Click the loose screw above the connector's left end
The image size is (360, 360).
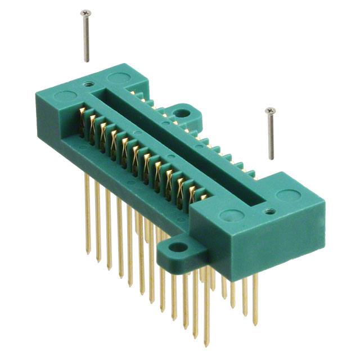click(x=86, y=37)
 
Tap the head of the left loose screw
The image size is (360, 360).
click(x=85, y=12)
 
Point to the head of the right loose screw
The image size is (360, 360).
click(x=270, y=110)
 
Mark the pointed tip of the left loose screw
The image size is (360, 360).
click(x=87, y=61)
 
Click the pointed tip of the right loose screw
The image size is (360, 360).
click(x=272, y=158)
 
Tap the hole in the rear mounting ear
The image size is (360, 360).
click(x=182, y=113)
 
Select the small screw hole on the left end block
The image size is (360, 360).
click(x=88, y=84)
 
